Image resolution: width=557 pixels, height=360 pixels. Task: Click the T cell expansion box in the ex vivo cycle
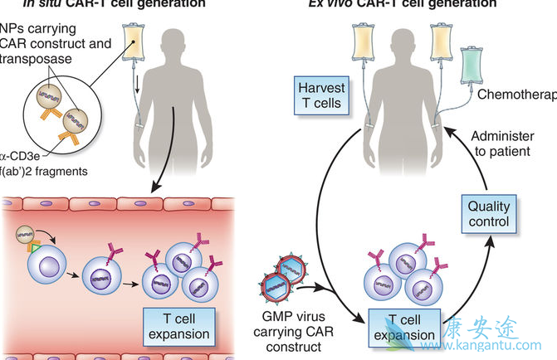[x=396, y=327]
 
